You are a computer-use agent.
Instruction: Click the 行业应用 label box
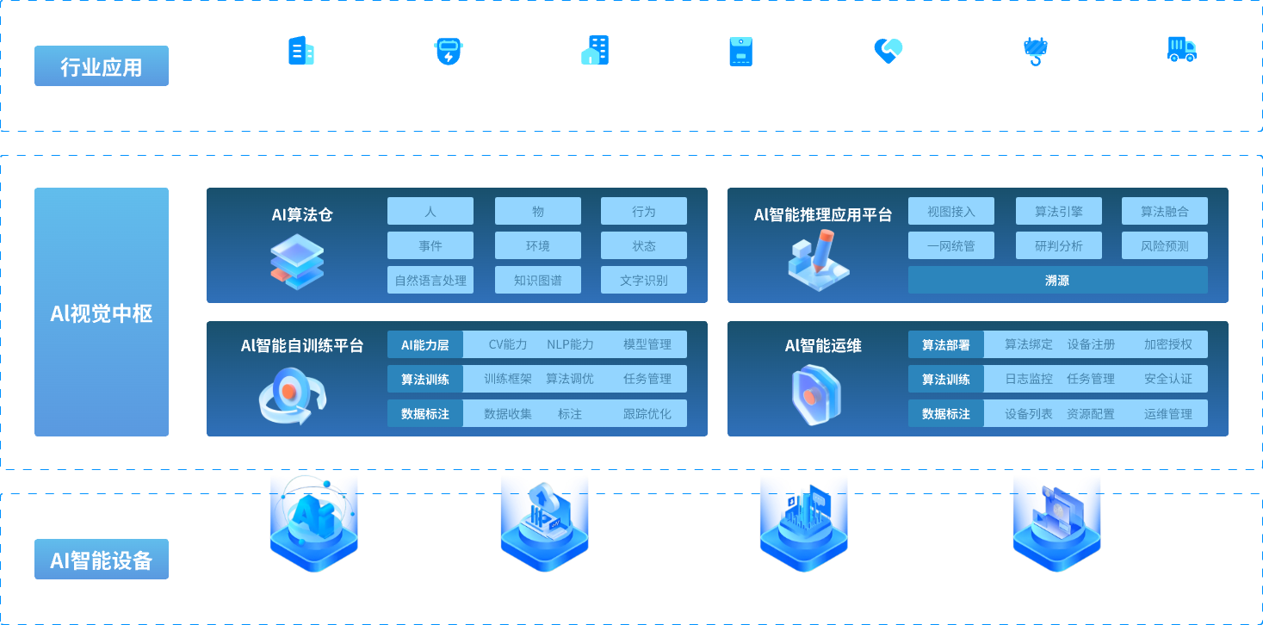point(102,66)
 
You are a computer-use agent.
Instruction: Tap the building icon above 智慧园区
point(301,51)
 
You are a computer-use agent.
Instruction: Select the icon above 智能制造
point(448,51)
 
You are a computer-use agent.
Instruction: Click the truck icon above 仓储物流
point(1181,50)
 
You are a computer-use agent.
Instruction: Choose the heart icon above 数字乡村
point(888,51)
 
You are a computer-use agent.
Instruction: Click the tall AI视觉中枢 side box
point(102,312)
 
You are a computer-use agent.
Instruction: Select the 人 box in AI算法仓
point(430,211)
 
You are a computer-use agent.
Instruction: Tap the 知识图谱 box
point(537,280)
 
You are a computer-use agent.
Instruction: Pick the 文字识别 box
point(644,280)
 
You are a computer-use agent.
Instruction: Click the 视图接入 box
point(951,211)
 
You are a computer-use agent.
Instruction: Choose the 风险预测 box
point(1164,245)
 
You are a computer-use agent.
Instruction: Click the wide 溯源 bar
point(1057,280)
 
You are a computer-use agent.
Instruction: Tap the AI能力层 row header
point(425,344)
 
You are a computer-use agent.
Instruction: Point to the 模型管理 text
point(647,344)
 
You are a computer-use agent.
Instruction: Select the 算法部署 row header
point(946,344)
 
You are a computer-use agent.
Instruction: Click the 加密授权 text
point(1168,344)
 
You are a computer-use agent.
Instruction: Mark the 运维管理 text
point(1168,413)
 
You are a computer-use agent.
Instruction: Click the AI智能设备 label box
point(102,560)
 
